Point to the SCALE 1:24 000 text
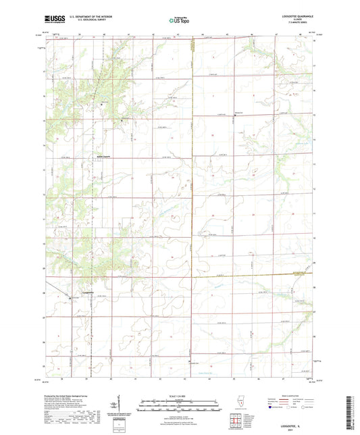pyautogui.click(x=180, y=396)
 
